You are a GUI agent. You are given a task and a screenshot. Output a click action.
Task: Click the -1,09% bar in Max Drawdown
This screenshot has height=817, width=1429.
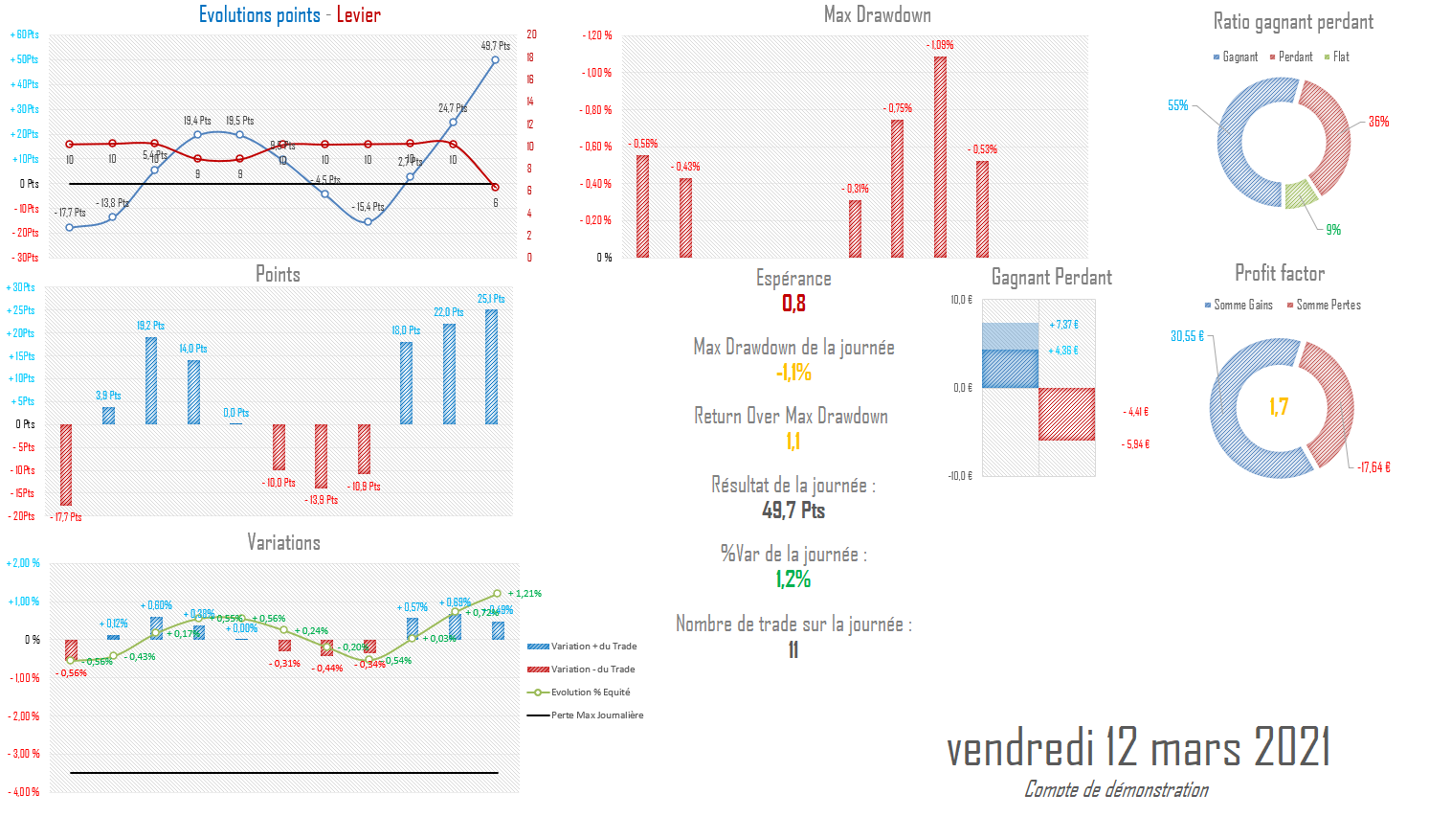point(940,158)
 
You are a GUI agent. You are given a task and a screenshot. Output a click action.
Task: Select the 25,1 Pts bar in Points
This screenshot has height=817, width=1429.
point(491,367)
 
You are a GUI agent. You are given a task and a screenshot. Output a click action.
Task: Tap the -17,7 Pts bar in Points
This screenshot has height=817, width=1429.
point(66,465)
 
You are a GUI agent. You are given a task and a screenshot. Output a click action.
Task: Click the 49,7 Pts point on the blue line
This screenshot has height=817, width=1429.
point(495,59)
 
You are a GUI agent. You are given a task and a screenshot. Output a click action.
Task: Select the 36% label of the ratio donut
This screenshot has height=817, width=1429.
point(1378,122)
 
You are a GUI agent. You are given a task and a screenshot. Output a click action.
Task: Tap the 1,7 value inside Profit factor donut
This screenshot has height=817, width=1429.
point(1279,407)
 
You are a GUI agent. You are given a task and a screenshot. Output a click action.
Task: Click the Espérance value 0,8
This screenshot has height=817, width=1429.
point(793,304)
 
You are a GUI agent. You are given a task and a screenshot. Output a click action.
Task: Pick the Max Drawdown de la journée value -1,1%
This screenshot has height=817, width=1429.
point(793,373)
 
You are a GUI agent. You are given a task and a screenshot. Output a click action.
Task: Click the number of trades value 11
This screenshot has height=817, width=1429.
point(793,650)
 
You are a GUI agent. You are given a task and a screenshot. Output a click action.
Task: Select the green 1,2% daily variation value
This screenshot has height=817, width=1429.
point(793,579)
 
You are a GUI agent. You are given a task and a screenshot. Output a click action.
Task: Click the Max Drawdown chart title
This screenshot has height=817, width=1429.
point(877,14)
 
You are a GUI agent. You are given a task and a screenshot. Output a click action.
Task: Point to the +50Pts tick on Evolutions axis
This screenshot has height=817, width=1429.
point(24,59)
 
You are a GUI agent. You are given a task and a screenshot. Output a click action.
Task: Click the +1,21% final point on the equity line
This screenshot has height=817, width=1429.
point(497,594)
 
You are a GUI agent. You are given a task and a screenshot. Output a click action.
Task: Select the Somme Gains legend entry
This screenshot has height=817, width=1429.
point(1239,306)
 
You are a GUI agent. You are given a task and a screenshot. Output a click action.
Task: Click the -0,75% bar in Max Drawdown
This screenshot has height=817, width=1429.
point(897,189)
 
